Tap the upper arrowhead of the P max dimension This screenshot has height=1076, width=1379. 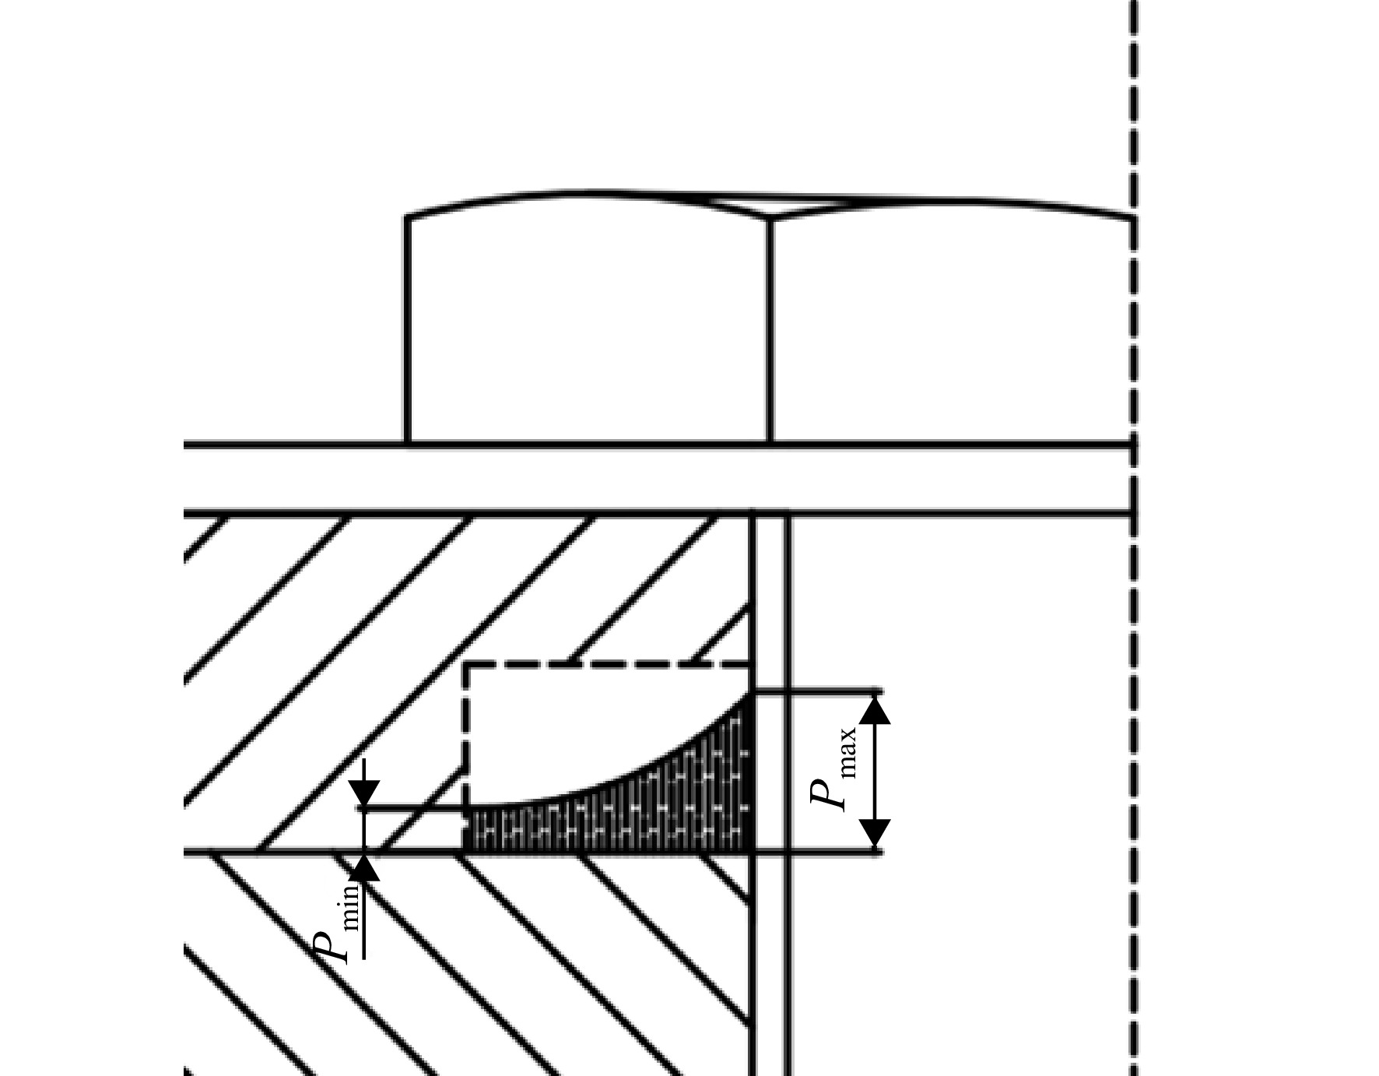877,709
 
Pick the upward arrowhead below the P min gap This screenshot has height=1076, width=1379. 364,868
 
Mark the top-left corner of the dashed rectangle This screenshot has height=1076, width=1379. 466,664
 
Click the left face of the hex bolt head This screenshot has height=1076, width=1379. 588,327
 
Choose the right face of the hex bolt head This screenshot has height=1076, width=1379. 951,327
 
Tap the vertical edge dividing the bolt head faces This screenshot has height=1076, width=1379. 770,331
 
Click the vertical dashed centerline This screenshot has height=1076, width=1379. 1133,538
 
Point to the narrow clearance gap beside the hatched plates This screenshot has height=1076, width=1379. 771,794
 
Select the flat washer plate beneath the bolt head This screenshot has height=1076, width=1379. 658,479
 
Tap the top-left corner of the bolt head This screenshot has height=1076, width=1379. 407,216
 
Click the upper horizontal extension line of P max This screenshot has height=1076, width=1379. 817,691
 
